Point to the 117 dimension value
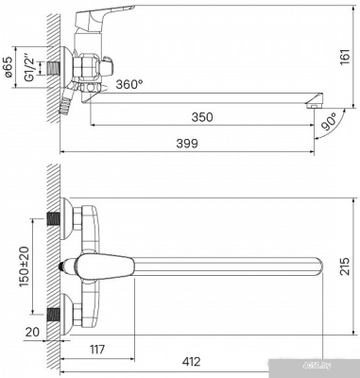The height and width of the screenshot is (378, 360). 95,350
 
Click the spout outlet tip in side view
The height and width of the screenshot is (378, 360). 311,102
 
